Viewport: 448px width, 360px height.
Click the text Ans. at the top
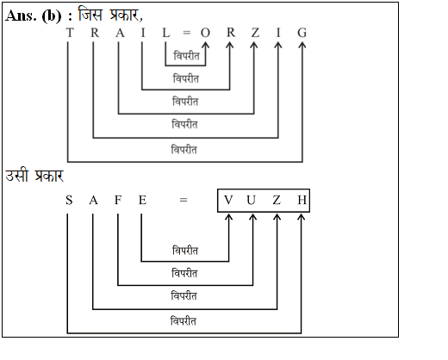click(21, 16)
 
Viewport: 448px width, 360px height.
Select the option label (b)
click(52, 16)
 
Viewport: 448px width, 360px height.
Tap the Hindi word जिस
click(90, 15)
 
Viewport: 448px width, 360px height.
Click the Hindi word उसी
click(17, 175)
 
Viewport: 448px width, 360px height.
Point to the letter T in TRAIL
click(70, 33)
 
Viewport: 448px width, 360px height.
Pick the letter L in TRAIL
click(166, 33)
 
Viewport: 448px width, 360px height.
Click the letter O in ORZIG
click(205, 33)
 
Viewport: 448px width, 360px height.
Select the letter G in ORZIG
click(302, 33)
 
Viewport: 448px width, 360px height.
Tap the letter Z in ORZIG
click(255, 33)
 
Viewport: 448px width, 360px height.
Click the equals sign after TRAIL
click(187, 33)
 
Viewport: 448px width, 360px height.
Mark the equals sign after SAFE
click(184, 200)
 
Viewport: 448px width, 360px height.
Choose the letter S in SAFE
click(69, 200)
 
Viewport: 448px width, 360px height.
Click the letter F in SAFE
click(118, 200)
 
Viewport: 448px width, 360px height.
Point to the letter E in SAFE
click(143, 200)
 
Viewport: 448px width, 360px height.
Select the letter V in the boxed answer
click(228, 200)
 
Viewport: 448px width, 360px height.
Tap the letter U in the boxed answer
click(251, 200)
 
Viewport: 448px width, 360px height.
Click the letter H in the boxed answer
click(302, 200)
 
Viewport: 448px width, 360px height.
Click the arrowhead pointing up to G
click(302, 45)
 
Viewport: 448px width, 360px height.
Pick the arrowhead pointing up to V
click(228, 216)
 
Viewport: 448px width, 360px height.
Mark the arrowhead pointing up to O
click(206, 45)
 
